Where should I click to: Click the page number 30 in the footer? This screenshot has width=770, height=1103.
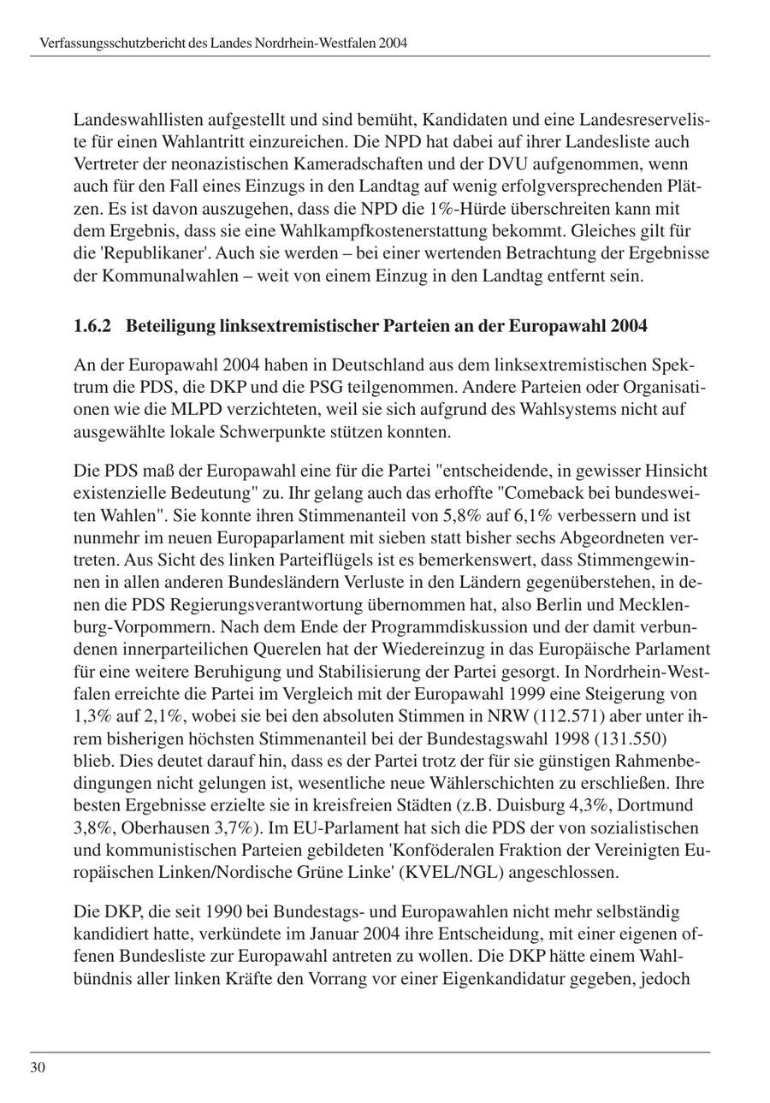pos(38,1067)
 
